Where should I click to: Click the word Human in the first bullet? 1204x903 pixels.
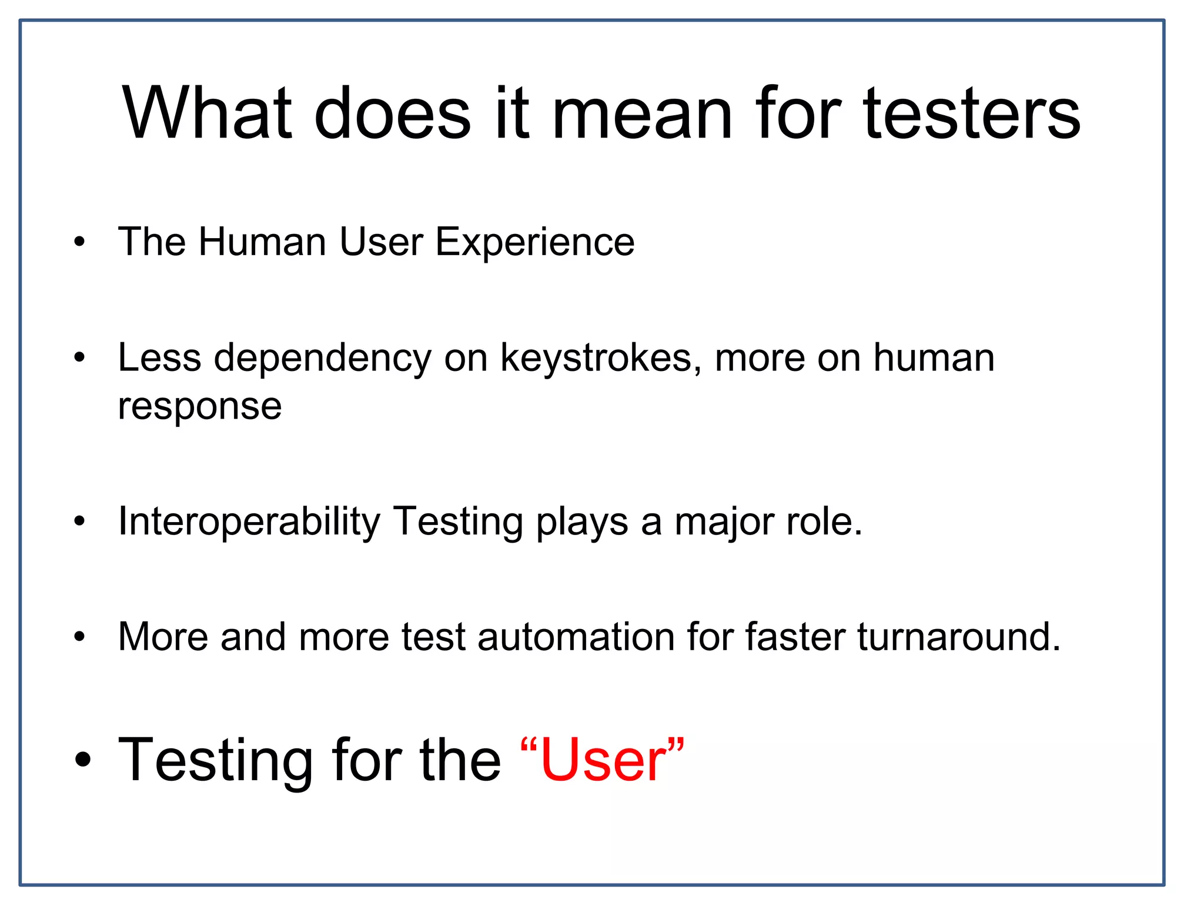(262, 242)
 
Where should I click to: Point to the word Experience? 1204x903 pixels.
(534, 243)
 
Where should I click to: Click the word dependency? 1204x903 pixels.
(322, 359)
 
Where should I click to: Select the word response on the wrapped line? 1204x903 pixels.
(200, 407)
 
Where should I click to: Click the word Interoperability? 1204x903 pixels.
(249, 522)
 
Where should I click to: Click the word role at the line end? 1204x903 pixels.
(823, 522)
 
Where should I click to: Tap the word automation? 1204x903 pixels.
(576, 637)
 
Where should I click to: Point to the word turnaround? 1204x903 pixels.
(958, 637)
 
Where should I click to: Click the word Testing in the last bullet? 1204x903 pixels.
(215, 762)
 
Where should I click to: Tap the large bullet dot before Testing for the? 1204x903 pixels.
(83, 760)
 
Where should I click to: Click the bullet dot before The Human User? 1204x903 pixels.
(80, 242)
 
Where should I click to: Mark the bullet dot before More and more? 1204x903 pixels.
(80, 637)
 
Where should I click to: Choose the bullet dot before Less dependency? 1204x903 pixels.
(80, 357)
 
